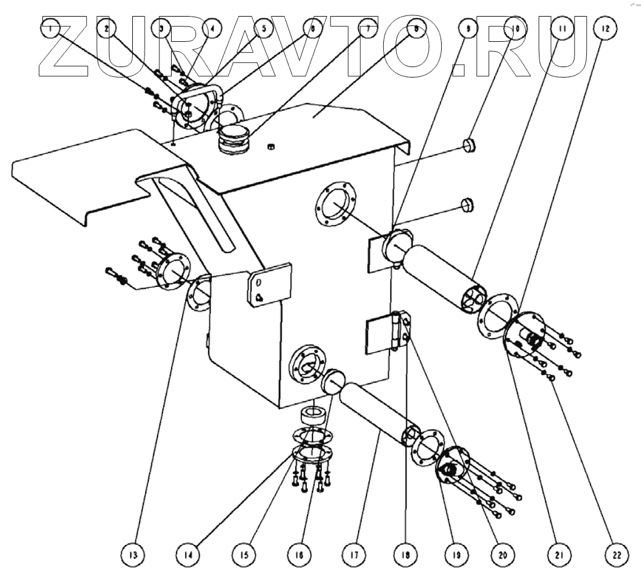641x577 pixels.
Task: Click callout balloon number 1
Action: [x=52, y=28]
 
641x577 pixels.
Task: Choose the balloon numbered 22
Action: [x=615, y=554]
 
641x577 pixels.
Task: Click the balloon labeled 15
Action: [x=244, y=554]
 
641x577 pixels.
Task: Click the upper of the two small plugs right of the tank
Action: [x=470, y=146]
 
